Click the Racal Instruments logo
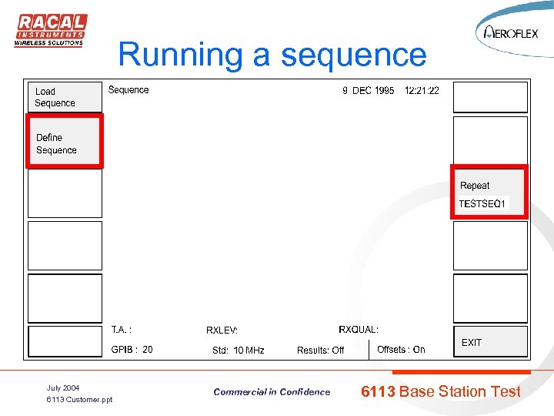coord(50,30)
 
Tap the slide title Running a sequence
coord(272,55)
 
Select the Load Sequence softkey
coord(65,97)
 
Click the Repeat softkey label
coord(475,186)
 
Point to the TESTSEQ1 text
coord(482,204)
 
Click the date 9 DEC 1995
coord(368,90)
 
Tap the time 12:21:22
coord(422,90)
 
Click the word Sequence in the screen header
coord(128,90)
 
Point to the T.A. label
coord(122,330)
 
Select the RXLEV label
coord(222,330)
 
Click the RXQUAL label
coord(359,330)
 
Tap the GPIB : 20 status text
coord(132,350)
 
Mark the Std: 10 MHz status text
coord(239,351)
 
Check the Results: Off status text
coord(320,351)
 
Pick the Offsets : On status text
coord(401,350)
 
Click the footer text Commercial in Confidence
coord(272,392)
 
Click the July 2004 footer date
coord(63,387)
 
